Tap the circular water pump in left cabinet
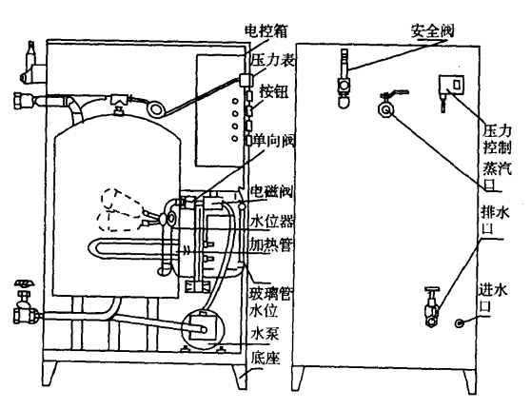click(x=204, y=327)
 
